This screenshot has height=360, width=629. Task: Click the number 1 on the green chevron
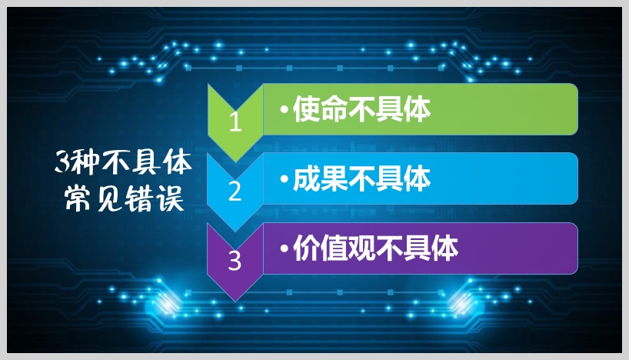point(235,123)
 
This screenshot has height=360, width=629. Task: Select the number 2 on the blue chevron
point(235,192)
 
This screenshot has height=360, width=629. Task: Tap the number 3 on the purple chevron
point(235,262)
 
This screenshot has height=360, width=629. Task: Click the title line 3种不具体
point(122,162)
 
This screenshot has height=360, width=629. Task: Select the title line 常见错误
point(122,200)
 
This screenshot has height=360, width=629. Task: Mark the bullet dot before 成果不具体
point(284,181)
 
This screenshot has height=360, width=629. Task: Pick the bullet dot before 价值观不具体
point(284,250)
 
